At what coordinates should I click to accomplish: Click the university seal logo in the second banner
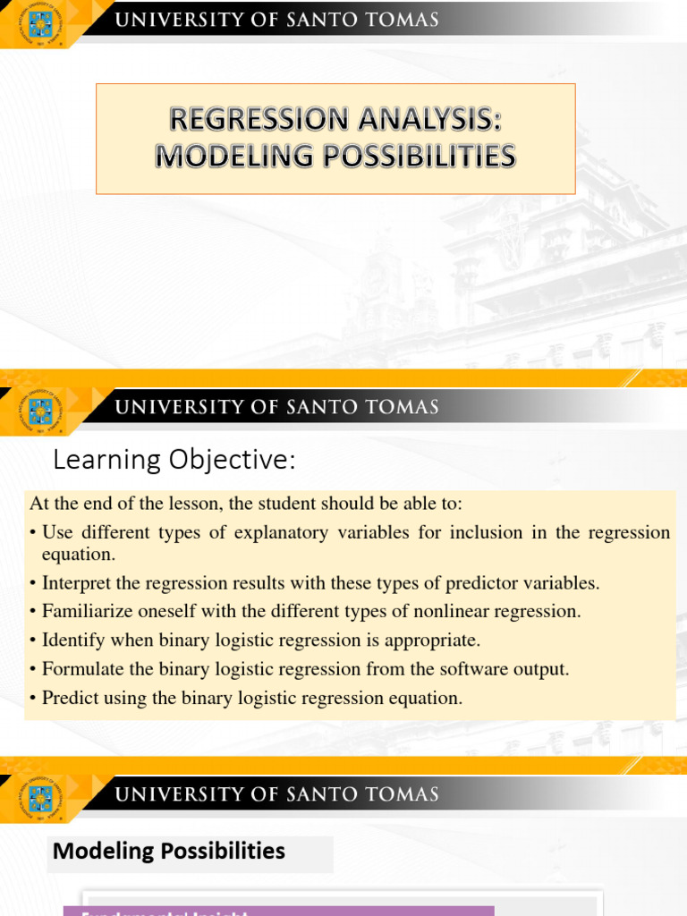40,410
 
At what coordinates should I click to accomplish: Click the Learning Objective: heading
174,461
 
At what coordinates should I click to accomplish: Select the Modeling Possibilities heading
169,851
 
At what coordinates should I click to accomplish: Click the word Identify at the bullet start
73,640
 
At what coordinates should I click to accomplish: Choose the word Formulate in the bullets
81,669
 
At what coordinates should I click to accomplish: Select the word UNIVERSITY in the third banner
185,793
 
